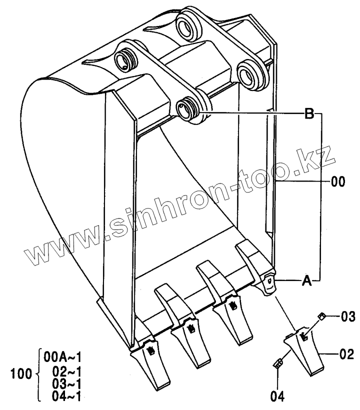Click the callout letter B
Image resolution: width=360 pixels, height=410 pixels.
[309, 114]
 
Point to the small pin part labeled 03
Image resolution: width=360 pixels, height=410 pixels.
[321, 315]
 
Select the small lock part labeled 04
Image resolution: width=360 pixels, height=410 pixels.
[278, 365]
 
